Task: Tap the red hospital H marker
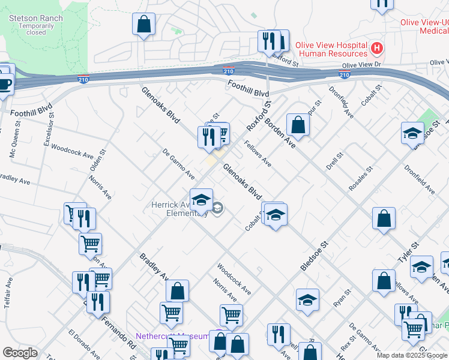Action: pos(377,47)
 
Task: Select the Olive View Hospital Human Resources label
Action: pos(333,49)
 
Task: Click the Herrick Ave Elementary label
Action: pos(178,209)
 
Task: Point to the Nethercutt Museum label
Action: pos(172,336)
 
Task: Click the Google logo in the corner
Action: pos(20,353)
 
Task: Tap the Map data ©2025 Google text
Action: pos(412,355)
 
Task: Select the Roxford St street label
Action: pos(256,118)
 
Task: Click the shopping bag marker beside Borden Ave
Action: pos(298,125)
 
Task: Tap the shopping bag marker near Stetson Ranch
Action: pos(144,25)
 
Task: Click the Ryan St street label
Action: pos(342,296)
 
